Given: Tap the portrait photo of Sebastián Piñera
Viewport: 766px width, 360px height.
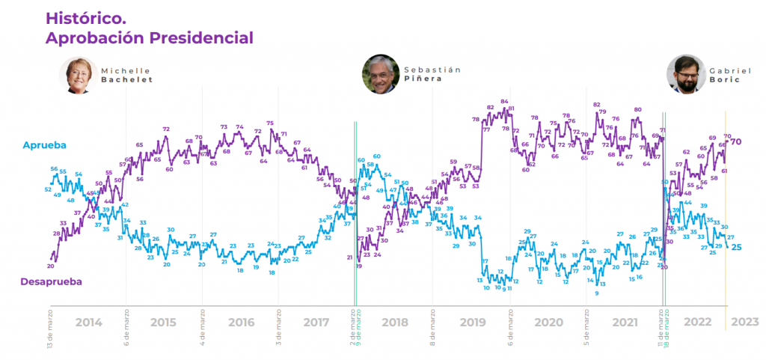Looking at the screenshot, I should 380,73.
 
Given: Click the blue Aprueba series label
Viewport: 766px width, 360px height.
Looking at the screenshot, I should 45,144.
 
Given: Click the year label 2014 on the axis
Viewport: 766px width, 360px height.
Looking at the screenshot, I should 89,323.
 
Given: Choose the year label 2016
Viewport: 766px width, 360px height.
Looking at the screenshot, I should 241,323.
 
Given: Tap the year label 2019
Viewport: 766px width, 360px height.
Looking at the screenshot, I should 471,323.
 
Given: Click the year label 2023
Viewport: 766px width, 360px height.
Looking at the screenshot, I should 745,323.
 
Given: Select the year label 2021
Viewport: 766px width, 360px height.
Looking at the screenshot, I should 624,323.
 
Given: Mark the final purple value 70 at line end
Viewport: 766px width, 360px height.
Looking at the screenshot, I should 736,141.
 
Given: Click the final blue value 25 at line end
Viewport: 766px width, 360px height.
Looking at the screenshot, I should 736,247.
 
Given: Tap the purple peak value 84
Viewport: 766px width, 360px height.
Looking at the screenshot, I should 505,102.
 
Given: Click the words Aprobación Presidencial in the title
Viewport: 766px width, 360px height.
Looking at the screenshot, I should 149,37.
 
